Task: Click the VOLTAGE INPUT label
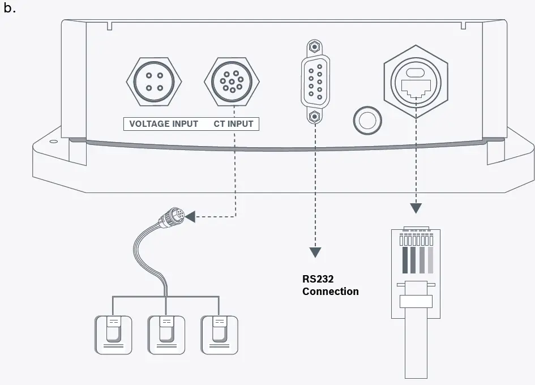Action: point(164,123)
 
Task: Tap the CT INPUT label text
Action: point(233,123)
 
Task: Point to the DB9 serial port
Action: point(315,80)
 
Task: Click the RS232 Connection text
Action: point(330,285)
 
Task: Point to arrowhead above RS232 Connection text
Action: point(315,253)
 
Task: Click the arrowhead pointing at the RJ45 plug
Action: point(416,208)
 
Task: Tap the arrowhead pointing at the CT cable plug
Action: point(191,216)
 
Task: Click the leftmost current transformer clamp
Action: point(113,335)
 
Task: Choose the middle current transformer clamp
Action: point(166,335)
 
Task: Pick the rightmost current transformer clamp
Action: point(219,335)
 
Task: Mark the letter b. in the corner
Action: point(10,9)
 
